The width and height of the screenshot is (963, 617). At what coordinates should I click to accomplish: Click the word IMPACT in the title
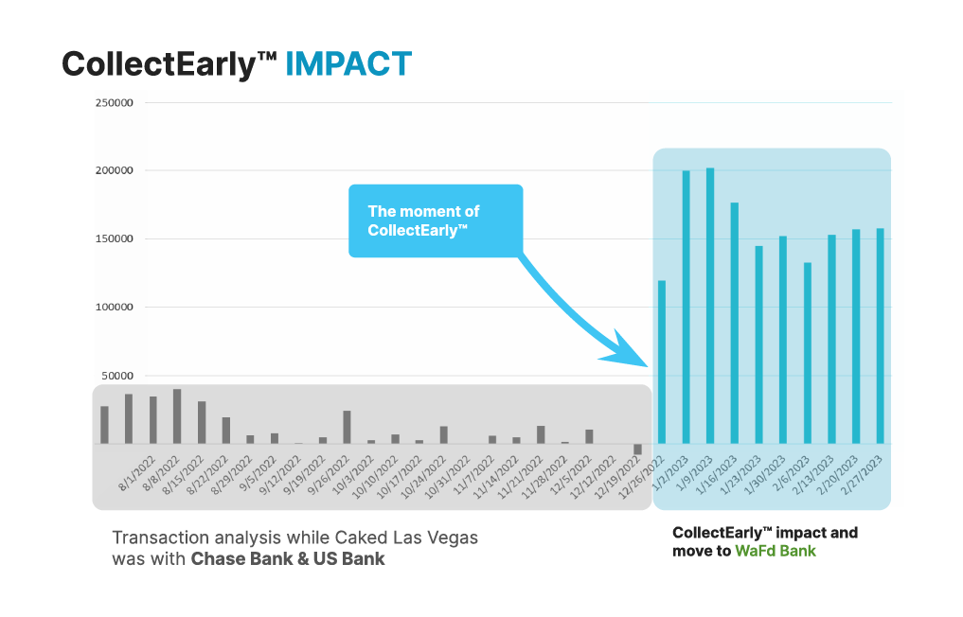(x=348, y=62)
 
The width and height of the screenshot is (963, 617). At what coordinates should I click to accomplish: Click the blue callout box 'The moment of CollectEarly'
(x=436, y=220)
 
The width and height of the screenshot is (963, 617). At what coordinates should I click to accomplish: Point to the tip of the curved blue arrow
(x=647, y=364)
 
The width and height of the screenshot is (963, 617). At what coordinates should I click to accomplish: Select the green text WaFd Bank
(x=775, y=551)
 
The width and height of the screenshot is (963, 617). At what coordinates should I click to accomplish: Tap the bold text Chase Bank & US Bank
(x=288, y=558)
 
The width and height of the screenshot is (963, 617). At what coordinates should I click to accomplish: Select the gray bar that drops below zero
(x=638, y=449)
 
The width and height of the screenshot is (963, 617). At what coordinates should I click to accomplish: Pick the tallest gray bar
(x=177, y=416)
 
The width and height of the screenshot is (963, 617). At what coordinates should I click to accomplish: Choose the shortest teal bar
(x=662, y=361)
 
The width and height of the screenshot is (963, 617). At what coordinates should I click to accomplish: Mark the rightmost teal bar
(x=880, y=336)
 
